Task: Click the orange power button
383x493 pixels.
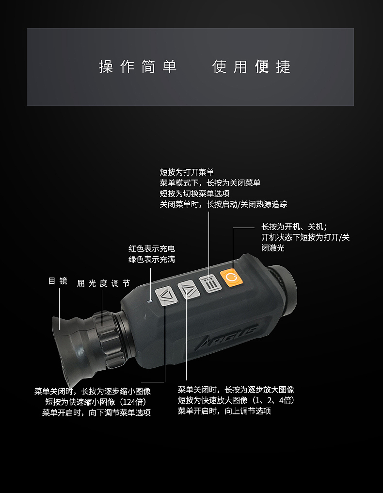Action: coord(230,277)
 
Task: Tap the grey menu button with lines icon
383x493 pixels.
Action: coord(209,283)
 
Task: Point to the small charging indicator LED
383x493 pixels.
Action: coord(150,301)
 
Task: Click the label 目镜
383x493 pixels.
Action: coord(58,281)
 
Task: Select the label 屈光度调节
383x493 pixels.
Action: coord(103,283)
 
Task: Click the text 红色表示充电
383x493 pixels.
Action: coord(152,249)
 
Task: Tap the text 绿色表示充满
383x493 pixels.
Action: coord(152,260)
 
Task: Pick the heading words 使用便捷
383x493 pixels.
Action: coord(251,66)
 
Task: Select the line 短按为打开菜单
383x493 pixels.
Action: coord(187,172)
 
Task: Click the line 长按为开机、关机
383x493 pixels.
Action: coord(294,227)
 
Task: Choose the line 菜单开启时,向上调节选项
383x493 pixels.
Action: coord(224,411)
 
